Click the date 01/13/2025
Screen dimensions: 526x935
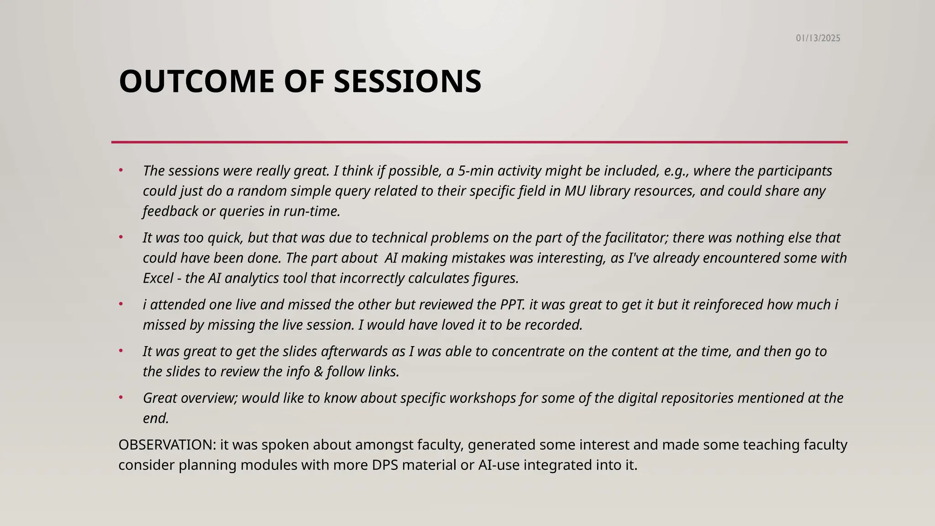pos(818,38)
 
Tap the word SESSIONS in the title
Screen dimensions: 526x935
pos(407,82)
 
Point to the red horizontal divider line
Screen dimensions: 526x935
pos(479,142)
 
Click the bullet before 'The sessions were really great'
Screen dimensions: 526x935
pos(121,170)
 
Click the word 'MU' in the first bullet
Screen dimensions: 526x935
pos(575,191)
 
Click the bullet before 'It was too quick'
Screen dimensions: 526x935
pos(121,237)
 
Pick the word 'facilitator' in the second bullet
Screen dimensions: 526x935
pos(636,238)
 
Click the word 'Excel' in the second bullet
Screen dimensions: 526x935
pos(158,278)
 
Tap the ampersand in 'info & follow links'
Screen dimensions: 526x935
pos(318,372)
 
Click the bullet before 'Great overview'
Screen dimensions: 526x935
pos(121,398)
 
